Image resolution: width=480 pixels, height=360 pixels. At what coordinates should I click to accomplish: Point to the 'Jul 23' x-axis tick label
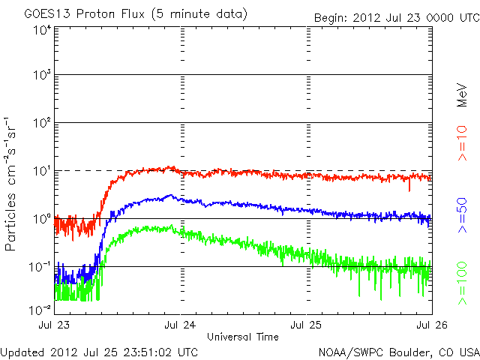pos(55,325)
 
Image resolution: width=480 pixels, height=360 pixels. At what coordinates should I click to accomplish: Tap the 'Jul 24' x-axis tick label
pos(181,325)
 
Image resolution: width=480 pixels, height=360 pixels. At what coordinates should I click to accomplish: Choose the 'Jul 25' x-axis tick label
pos(307,325)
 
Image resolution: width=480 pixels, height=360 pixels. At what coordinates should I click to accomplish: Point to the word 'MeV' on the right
pos(463,93)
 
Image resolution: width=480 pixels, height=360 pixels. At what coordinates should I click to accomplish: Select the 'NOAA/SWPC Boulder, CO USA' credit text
pos(397,352)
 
